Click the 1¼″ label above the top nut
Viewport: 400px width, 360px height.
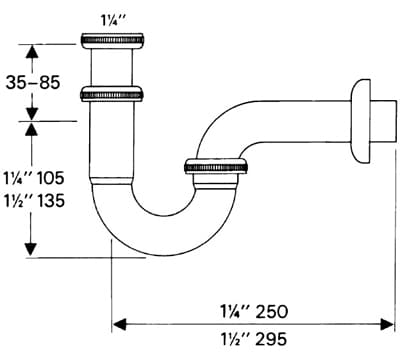113,21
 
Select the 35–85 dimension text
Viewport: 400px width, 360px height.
33,82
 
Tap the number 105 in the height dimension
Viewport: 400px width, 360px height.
50,178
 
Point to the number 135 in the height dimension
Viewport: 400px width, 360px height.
51,201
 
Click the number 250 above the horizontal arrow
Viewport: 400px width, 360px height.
272,312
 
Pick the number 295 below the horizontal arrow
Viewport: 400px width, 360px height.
271,339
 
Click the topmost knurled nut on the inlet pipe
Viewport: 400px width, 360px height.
113,39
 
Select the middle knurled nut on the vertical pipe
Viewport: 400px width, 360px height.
112,94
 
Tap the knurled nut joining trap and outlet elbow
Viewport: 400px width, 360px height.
216,166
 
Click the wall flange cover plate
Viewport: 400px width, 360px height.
360,121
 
